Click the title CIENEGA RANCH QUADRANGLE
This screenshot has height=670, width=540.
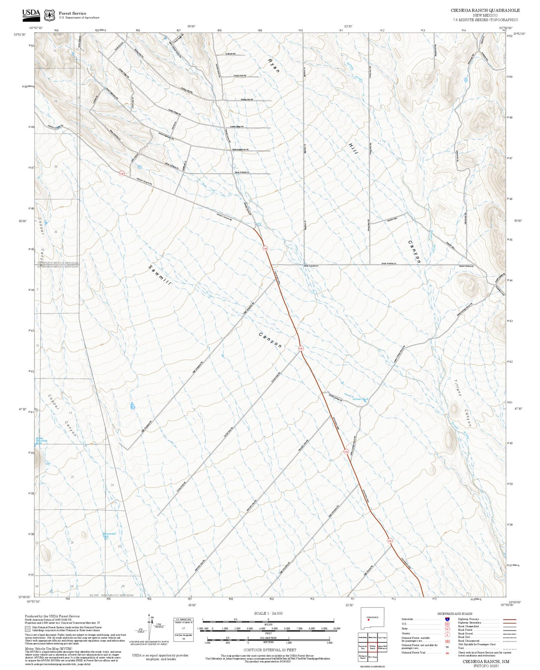coord(485,10)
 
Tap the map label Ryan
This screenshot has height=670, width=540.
coord(273,65)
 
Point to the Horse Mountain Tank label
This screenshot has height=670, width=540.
coord(41,440)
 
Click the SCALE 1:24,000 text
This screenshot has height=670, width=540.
coord(268,614)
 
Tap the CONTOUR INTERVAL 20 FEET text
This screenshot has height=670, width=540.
coord(270,650)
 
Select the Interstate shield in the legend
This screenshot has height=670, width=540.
coord(447,619)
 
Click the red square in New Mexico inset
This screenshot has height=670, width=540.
coord(368,620)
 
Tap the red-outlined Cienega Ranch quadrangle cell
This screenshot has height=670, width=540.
coord(372,647)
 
